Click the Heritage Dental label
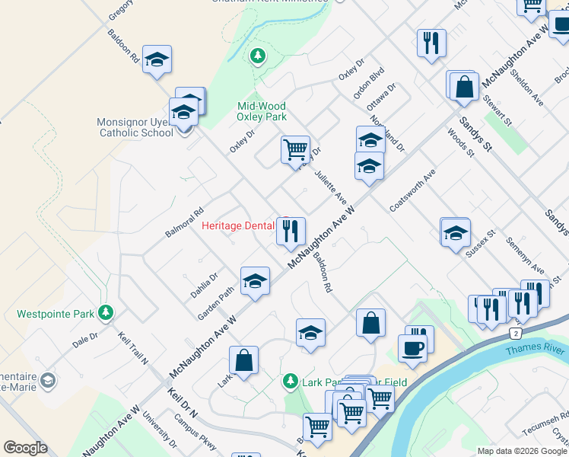pos(238,225)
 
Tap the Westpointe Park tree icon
pos(106,312)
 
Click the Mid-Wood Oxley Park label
pos(262,112)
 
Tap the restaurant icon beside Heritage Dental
pos(290,232)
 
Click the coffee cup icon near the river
pos(412,348)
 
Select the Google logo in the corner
pos(24,448)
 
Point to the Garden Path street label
pos(215,304)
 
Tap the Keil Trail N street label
pos(132,347)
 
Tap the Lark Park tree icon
pos(289,381)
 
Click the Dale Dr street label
pos(85,339)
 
